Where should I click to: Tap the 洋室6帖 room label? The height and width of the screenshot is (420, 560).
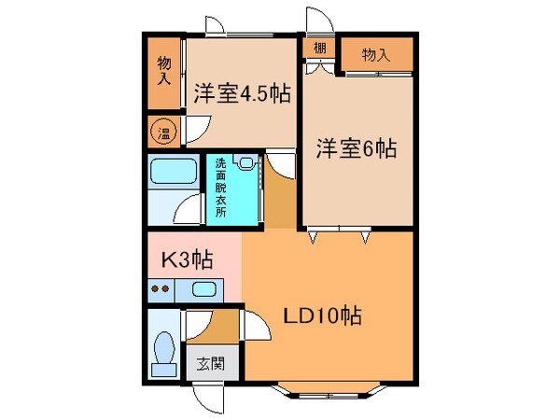tap(357, 147)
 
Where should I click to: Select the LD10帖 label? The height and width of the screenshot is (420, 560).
tap(323, 315)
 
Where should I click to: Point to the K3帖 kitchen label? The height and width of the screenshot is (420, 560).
tap(187, 260)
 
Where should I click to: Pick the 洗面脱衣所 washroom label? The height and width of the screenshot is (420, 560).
tap(220, 185)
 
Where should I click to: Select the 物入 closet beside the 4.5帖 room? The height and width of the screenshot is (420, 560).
tap(164, 70)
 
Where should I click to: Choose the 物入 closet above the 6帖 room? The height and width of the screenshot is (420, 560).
tap(375, 56)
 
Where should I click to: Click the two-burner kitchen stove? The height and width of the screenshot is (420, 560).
tap(161, 288)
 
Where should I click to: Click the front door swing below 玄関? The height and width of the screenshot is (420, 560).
tap(210, 396)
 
